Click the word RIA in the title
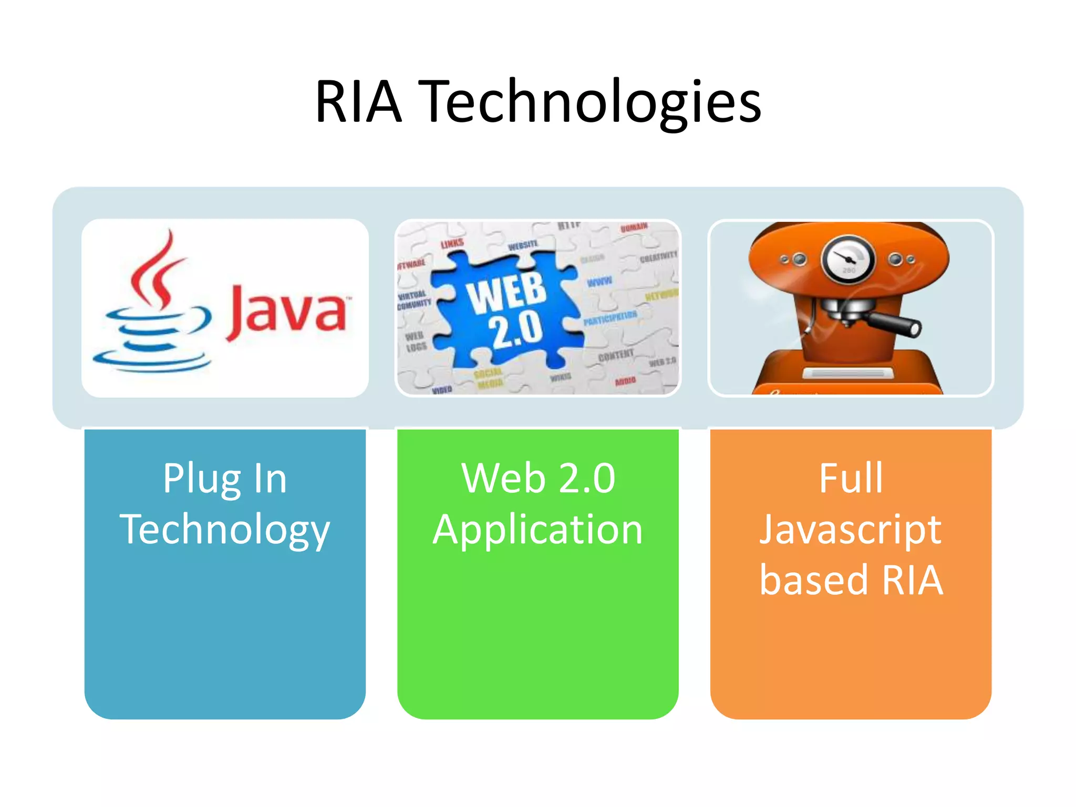(x=358, y=101)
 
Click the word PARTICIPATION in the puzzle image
(x=610, y=318)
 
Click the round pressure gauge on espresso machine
(x=847, y=259)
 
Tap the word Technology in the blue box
(x=225, y=530)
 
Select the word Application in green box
(x=538, y=530)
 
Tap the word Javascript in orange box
(x=851, y=530)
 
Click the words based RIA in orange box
(x=851, y=580)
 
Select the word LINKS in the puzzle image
(x=452, y=243)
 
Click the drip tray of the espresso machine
(x=847, y=374)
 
